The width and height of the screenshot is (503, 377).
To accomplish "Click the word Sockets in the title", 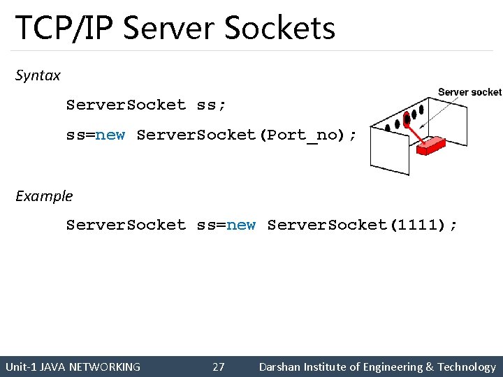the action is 279,28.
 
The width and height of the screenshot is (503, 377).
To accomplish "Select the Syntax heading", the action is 38,75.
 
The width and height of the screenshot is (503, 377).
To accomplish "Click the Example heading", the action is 44,196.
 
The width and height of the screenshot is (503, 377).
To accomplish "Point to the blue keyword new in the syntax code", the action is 110,135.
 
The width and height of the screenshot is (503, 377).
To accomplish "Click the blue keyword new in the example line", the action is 241,225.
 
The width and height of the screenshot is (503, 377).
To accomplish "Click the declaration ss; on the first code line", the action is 211,105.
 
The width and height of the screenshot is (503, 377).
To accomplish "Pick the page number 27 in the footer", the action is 219,367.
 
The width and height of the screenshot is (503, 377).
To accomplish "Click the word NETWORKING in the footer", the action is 105,367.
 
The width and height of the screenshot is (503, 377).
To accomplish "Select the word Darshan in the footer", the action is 279,367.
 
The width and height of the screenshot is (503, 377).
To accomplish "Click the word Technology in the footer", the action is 467,367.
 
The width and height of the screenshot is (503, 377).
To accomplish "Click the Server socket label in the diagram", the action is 469,92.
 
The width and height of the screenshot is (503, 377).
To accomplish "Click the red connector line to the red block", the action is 416,131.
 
